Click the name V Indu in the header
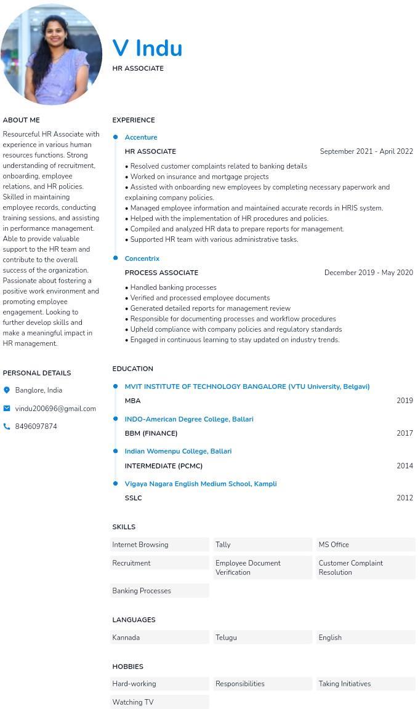coord(147,49)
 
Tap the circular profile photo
coord(52,54)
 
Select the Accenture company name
coord(141,137)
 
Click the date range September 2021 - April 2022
coord(366,151)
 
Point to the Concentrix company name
coord(142,258)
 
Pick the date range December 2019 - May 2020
coord(368,273)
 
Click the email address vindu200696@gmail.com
coord(55,409)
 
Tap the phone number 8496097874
coord(36,427)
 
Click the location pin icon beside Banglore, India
coord(7,390)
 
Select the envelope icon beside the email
coord(7,408)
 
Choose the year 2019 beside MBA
coord(404,401)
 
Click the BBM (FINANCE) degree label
coord(151,433)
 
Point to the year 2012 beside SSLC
coord(404,498)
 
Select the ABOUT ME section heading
coord(21,120)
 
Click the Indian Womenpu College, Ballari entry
coord(178,451)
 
